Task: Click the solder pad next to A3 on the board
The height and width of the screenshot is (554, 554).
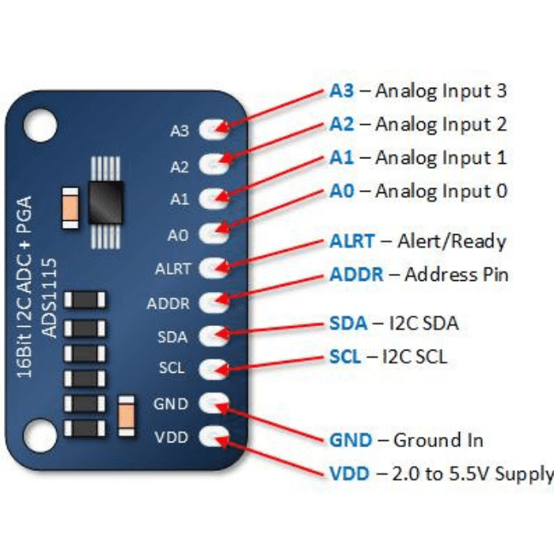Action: point(213,129)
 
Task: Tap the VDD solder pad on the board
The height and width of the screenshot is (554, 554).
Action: point(213,436)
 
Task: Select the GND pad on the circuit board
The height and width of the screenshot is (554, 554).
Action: point(213,403)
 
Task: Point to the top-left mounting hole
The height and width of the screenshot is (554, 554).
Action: point(40,125)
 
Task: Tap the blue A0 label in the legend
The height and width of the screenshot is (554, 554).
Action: point(342,192)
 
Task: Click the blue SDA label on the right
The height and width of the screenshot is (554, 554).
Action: point(348,323)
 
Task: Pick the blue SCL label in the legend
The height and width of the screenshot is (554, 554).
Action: point(347,357)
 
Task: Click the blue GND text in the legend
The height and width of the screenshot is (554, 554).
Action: point(350,440)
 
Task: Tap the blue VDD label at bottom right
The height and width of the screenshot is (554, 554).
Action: point(349,474)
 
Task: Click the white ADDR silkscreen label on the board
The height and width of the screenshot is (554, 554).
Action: point(168,303)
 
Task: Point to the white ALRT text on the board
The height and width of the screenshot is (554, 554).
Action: point(173,268)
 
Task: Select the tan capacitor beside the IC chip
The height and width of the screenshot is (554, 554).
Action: point(69,207)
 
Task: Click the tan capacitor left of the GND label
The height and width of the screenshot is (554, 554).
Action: point(125,415)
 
